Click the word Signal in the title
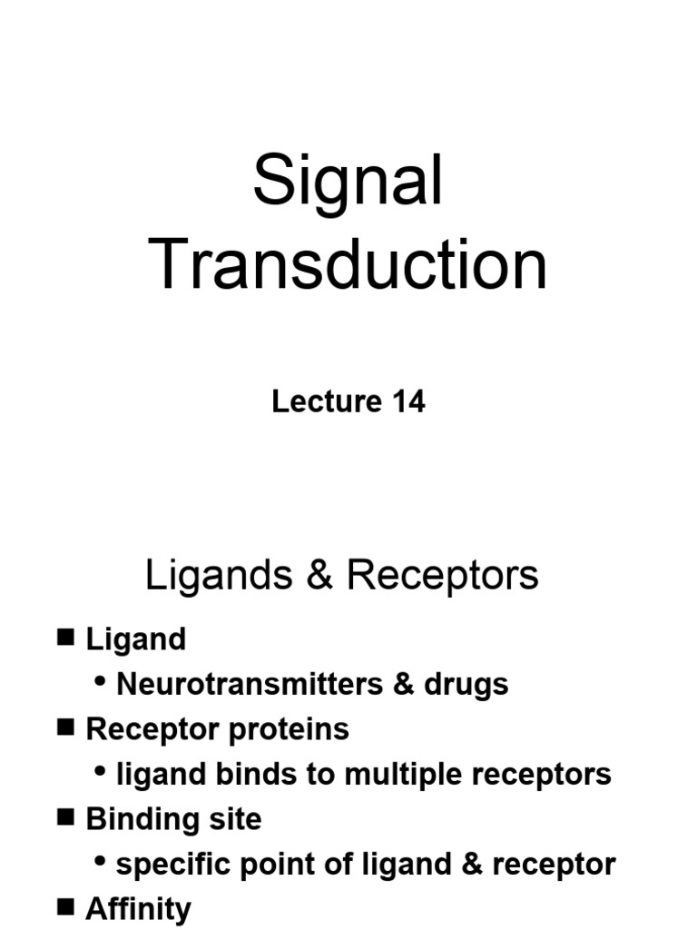tap(348, 183)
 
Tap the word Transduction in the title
tap(348, 265)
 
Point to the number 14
tap(407, 401)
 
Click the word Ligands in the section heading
tap(219, 576)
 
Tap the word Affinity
tap(138, 908)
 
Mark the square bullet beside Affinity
tap(65, 906)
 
